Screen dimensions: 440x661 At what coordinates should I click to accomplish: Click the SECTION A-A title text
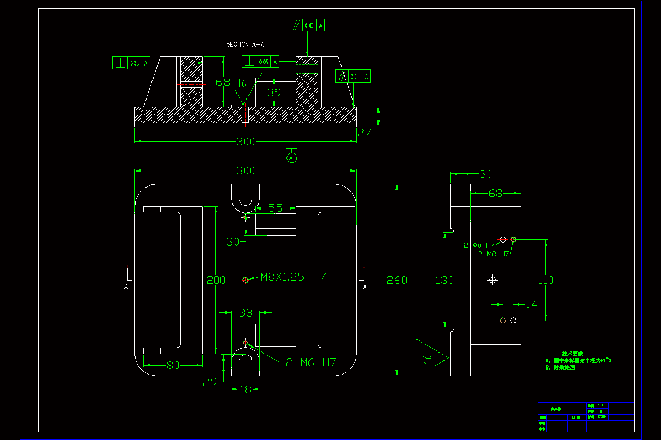(246, 44)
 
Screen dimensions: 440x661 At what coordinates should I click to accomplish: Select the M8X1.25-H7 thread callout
(292, 277)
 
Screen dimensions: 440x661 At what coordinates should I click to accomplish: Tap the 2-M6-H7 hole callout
(311, 362)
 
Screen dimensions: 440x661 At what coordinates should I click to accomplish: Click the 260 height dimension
(397, 280)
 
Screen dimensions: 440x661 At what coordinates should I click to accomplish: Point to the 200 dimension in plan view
(216, 280)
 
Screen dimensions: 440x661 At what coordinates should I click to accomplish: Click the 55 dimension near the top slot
(275, 208)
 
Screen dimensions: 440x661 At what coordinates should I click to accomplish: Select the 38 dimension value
(245, 313)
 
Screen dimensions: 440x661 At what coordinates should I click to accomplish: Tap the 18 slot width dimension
(245, 389)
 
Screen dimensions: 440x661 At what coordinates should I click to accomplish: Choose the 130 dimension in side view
(445, 280)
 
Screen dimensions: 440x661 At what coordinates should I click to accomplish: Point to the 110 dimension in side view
(545, 280)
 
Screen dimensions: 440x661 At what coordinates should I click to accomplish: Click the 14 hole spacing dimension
(531, 304)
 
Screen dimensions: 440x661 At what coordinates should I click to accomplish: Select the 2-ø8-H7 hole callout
(480, 245)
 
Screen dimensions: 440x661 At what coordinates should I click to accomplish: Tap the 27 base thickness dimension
(365, 132)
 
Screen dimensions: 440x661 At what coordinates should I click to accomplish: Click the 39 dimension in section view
(274, 92)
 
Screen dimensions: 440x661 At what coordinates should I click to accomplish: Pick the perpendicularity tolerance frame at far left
(131, 63)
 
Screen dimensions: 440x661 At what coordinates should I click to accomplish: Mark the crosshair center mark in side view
(492, 280)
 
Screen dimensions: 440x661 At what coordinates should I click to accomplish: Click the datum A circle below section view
(292, 158)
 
